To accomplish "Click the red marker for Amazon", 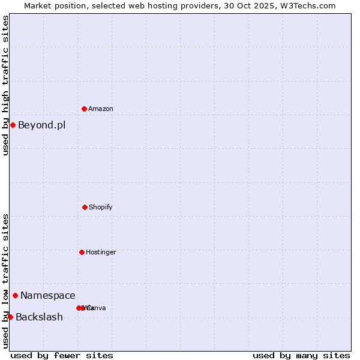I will (x=84, y=109).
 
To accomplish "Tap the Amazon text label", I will (x=101, y=109).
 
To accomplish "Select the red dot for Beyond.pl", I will (x=13, y=125).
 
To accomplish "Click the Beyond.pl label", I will (x=41, y=125).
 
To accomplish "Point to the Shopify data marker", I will (x=85, y=207).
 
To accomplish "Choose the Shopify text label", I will (x=101, y=208).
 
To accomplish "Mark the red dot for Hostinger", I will (x=82, y=252).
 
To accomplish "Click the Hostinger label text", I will (x=101, y=253).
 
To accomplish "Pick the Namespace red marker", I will (x=15, y=295).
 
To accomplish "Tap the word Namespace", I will (x=48, y=296).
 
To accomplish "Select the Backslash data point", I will (x=10, y=317).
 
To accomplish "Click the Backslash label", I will (x=39, y=317).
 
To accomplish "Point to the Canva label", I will (x=98, y=308).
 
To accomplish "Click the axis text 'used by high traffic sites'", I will (x=6, y=85).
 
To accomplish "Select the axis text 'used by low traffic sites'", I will (x=6, y=281).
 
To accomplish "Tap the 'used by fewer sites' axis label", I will (x=62, y=356).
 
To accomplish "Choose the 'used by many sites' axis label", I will (x=301, y=356).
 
